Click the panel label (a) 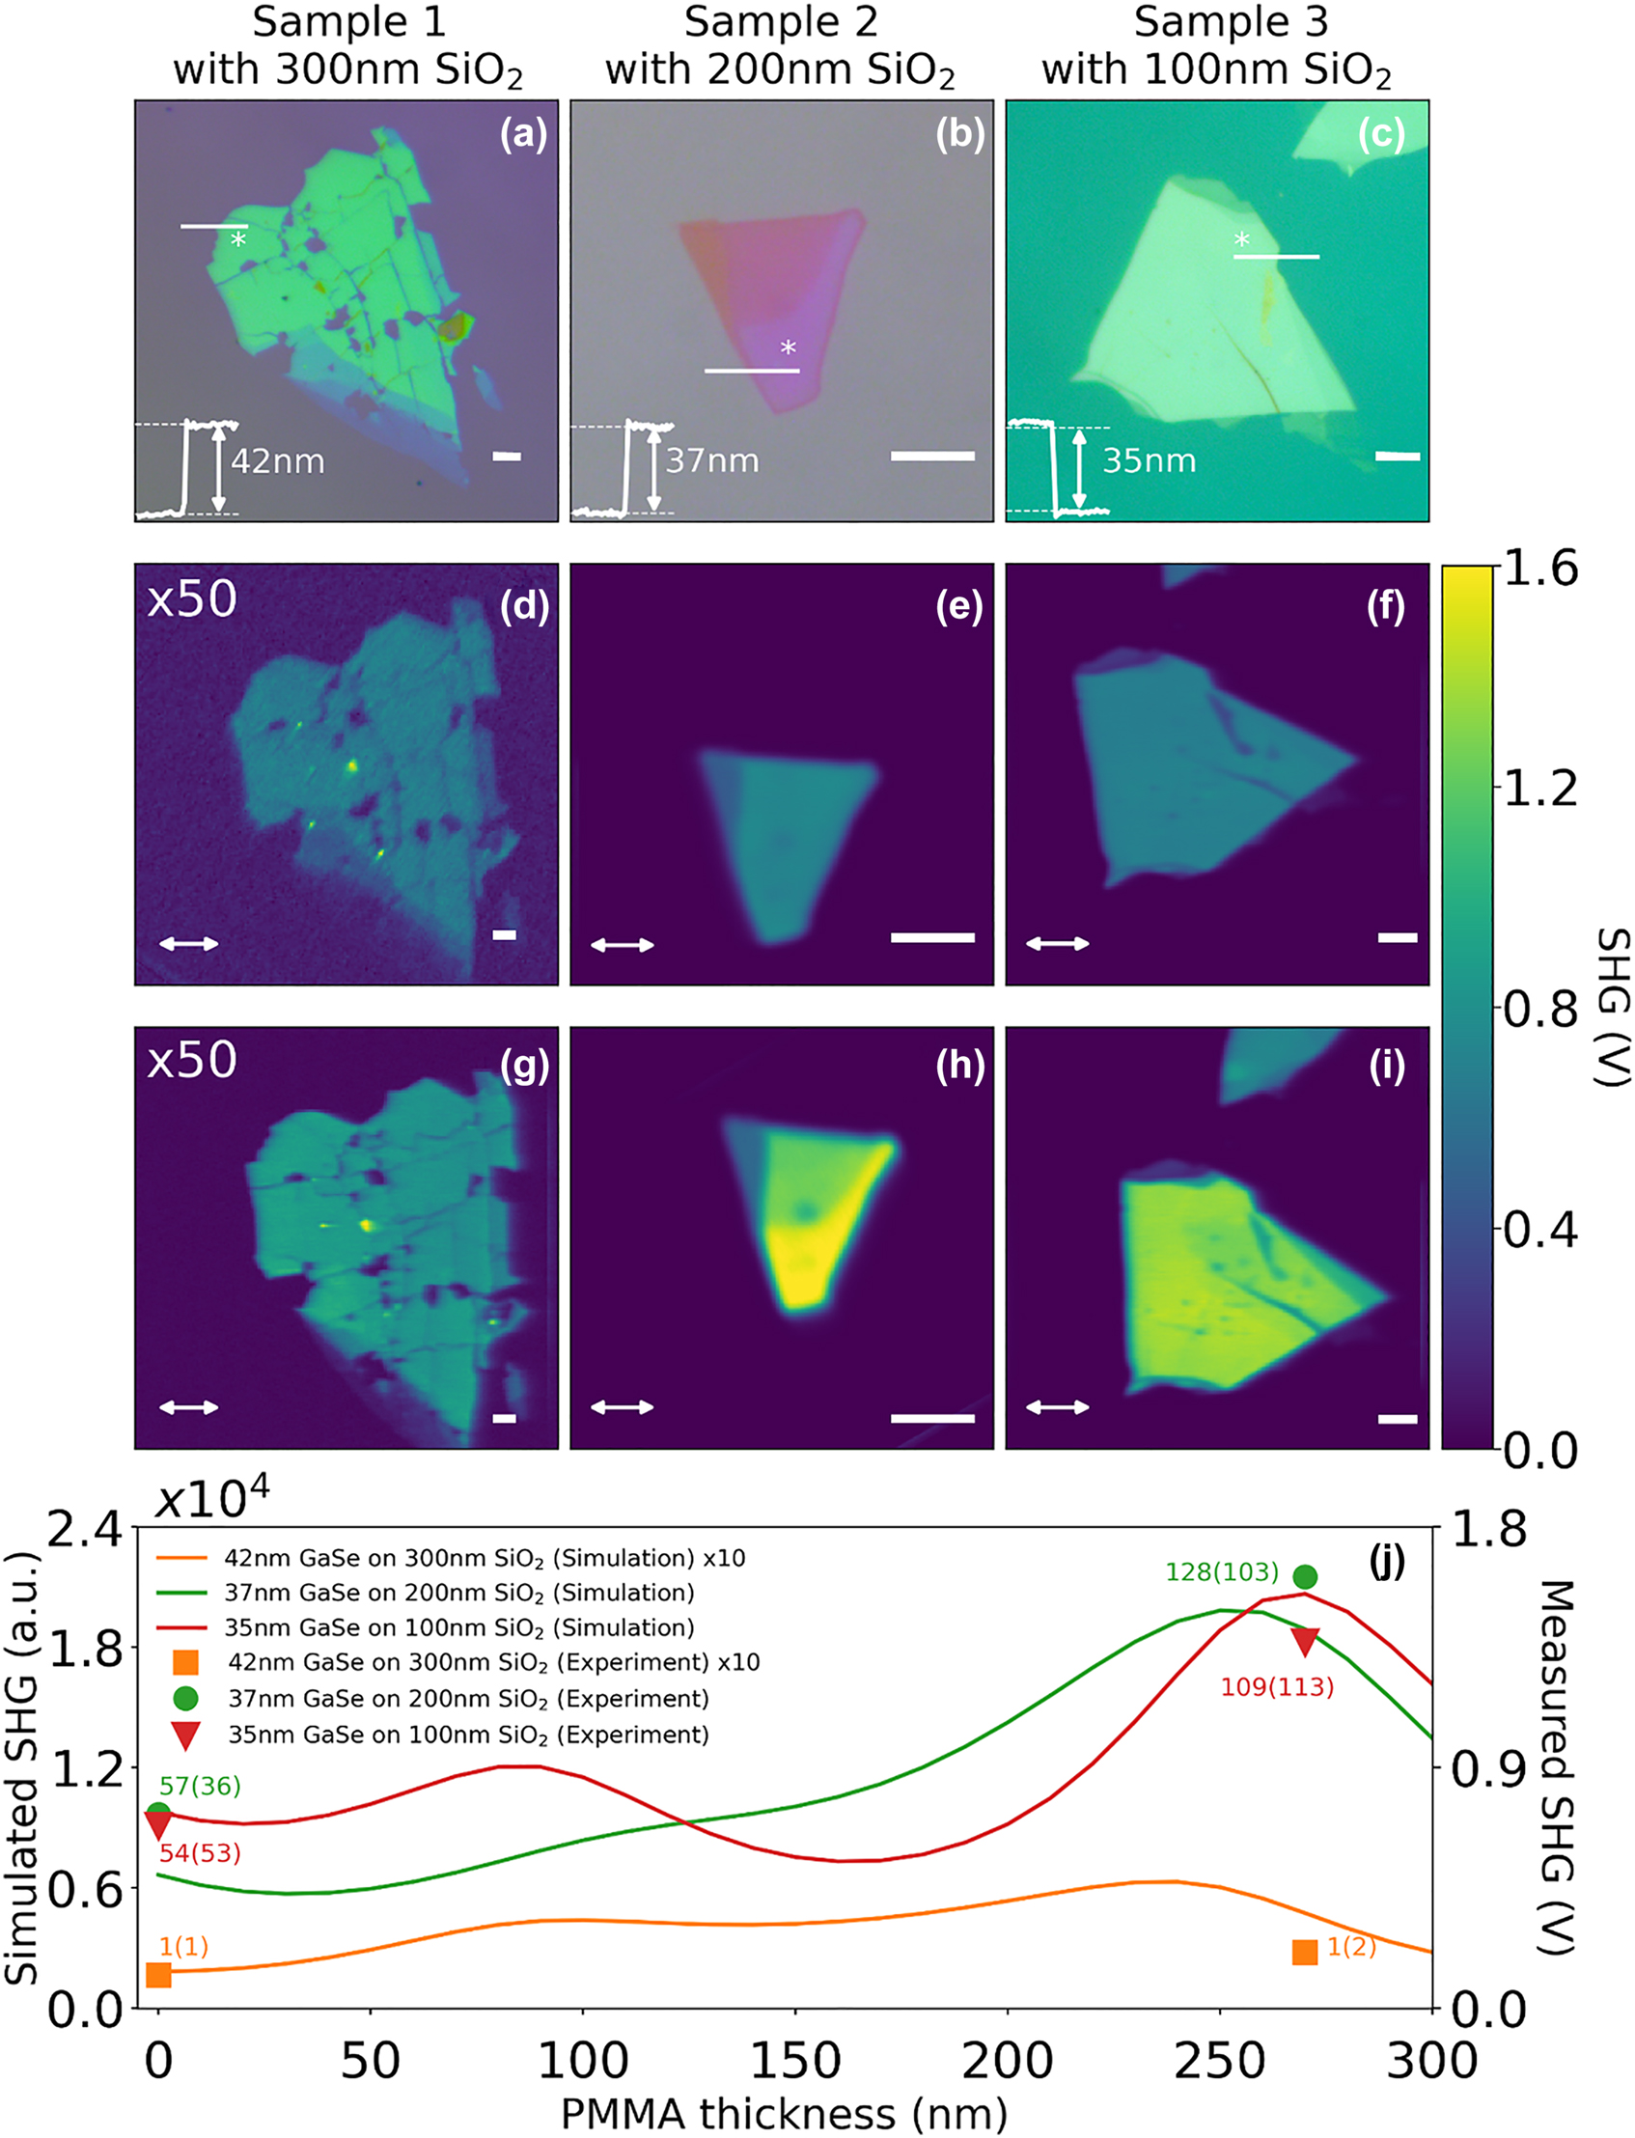pos(523,133)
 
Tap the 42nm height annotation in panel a pos(277,460)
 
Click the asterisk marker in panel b pos(789,348)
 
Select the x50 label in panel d pos(192,598)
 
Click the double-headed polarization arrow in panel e pos(622,944)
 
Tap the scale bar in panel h pos(932,1418)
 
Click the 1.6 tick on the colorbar pos(1540,569)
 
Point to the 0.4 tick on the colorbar pos(1540,1231)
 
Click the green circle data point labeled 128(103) pos(1305,1575)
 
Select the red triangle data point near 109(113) pos(1304,1641)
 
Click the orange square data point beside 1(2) pos(1304,1951)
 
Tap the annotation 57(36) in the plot pos(200,1786)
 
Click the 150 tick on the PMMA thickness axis pos(795,2060)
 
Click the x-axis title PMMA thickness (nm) pos(784,2114)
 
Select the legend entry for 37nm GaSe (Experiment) pos(467,1698)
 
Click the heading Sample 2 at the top pos(781,21)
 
